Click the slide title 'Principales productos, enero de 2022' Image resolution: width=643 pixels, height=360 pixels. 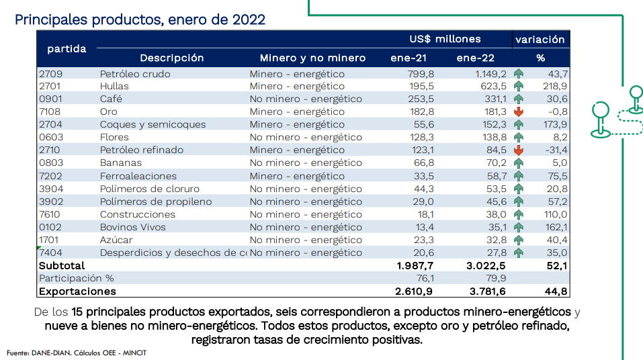click(x=140, y=19)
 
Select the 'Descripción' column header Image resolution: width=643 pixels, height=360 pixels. click(x=171, y=58)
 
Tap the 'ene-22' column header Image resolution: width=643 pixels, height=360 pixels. click(x=475, y=58)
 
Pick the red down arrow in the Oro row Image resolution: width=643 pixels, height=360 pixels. click(x=518, y=111)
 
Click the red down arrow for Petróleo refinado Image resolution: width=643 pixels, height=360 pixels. click(x=518, y=150)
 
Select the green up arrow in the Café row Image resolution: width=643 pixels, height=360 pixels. click(x=518, y=99)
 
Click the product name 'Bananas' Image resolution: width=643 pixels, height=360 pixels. click(x=121, y=163)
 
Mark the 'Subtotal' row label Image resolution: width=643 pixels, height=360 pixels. click(x=62, y=265)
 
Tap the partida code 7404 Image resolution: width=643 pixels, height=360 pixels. click(x=50, y=253)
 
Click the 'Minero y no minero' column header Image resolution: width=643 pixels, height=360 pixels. click(x=312, y=58)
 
